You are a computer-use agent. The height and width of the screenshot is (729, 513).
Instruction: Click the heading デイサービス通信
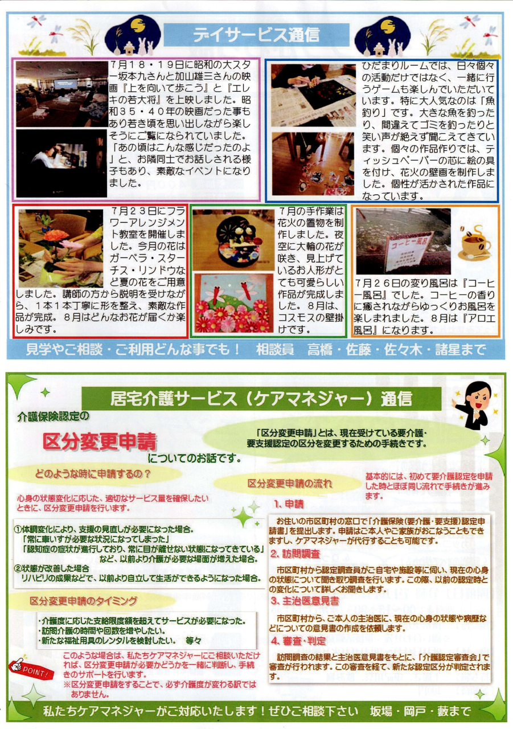pos(256,35)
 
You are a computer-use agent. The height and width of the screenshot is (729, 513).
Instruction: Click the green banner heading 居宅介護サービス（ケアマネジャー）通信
pos(261,399)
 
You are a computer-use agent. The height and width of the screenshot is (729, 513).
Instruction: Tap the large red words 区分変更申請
pos(100,442)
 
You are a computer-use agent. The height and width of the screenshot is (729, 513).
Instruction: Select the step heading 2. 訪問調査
pos(295,554)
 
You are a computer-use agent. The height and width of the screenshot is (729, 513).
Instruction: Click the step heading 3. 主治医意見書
pos(305,601)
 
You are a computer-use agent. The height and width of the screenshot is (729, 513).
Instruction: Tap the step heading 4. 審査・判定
pos(298,641)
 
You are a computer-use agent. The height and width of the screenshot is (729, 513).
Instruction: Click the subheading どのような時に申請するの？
pos(93,474)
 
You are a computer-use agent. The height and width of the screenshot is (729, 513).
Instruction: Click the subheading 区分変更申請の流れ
pos(290,484)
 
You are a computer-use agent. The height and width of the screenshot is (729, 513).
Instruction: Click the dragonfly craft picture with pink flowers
pos(233,302)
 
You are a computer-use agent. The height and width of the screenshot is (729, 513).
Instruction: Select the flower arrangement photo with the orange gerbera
pos(60,248)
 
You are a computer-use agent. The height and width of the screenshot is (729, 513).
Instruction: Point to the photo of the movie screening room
pos(62,94)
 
